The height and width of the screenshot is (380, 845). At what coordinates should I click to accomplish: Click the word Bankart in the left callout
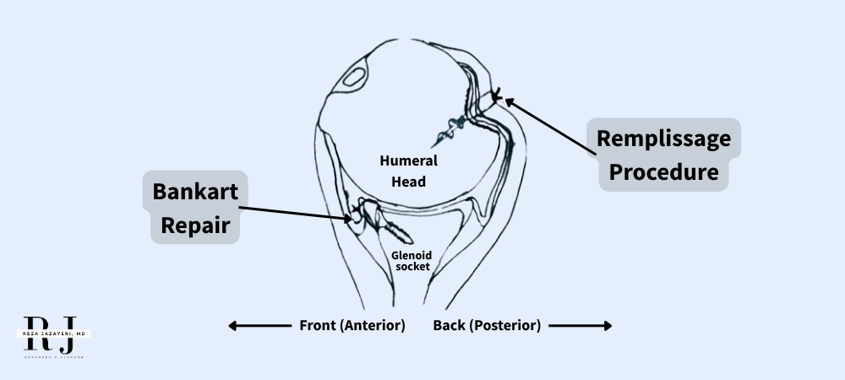point(194,192)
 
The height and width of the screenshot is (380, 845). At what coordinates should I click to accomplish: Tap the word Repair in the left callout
point(194,225)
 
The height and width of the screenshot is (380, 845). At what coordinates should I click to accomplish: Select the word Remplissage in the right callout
point(663,138)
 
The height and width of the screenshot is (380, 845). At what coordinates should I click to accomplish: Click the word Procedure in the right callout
point(663,172)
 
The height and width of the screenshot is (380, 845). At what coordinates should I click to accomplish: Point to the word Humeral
point(402,160)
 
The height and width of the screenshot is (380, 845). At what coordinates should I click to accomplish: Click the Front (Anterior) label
point(352,325)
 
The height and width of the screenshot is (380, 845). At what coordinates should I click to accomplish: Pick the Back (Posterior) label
point(487,325)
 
